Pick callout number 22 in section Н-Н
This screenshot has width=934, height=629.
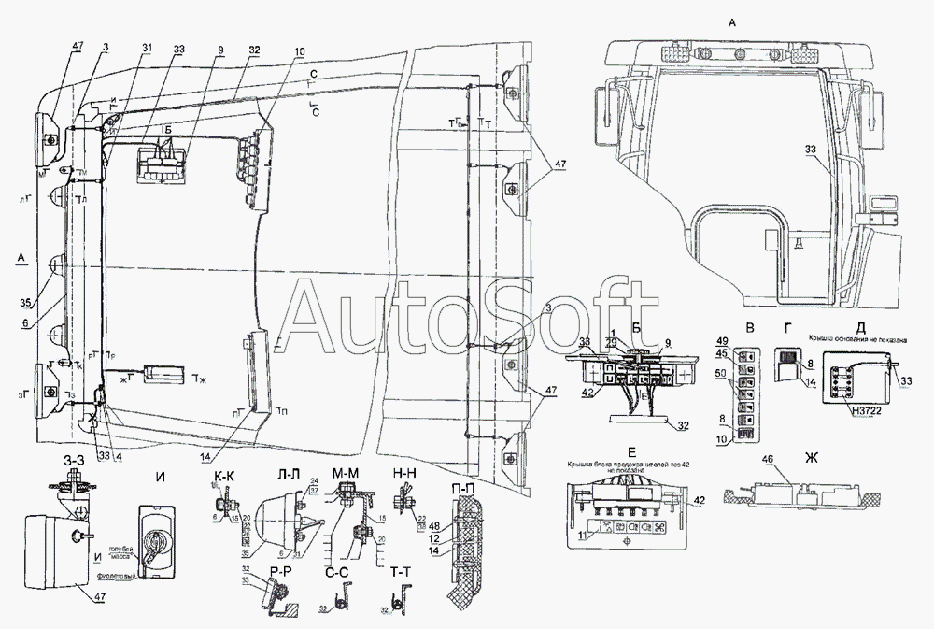point(421,519)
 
